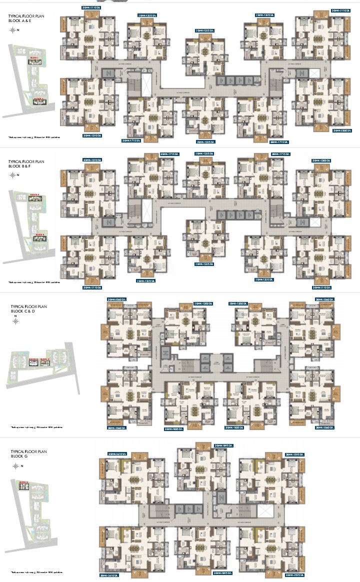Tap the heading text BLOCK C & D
coord(22,311)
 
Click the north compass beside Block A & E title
coord(13,30)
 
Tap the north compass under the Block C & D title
coord(15,321)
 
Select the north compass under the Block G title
coord(16,466)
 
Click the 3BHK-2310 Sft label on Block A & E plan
coord(92,135)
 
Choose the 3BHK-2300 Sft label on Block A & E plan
coord(342,130)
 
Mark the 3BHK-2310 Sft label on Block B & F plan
coord(92,160)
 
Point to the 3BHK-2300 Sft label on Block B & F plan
coord(321,160)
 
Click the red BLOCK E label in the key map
coord(38,99)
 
